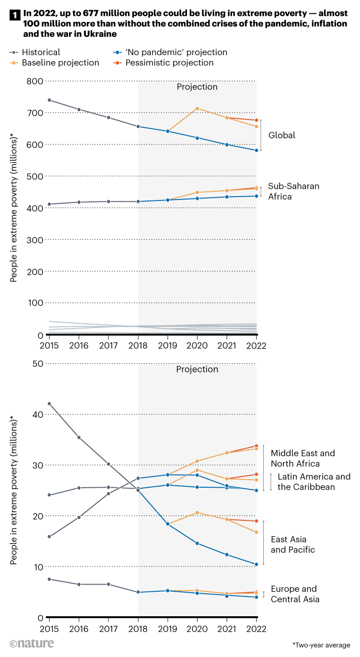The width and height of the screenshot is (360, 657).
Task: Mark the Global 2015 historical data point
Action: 49,100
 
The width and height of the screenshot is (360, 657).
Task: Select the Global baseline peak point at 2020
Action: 197,108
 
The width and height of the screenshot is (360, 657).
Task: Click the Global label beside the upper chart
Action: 281,135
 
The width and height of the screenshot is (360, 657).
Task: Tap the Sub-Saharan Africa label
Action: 287,191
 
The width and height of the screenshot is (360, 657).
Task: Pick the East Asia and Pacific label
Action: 293,545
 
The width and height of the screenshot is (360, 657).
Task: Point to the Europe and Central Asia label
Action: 295,594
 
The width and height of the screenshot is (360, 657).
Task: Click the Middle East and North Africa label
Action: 302,458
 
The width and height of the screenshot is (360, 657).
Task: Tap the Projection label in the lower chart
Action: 197,369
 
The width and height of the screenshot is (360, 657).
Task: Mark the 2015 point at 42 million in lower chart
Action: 49,404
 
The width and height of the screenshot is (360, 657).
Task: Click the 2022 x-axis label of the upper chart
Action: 256,345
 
